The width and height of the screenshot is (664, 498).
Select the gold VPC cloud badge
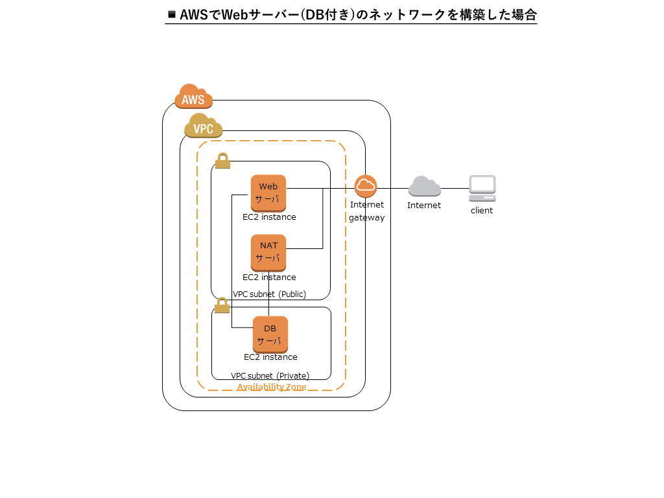tap(204, 126)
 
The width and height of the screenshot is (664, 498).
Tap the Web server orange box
tap(268, 193)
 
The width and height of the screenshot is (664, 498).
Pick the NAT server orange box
tap(268, 252)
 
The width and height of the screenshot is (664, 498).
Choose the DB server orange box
tap(270, 334)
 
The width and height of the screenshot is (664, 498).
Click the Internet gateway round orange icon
tap(366, 186)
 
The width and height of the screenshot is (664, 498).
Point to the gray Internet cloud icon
tap(425, 187)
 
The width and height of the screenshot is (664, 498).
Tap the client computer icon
tap(482, 188)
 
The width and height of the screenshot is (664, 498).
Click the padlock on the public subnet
tap(222, 160)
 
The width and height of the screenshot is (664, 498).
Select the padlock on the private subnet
tap(222, 305)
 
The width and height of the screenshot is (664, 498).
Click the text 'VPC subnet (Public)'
tap(269, 294)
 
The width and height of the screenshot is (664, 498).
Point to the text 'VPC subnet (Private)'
tap(270, 376)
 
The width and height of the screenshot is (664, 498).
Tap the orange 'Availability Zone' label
tap(271, 387)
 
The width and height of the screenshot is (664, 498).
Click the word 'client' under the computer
tap(482, 211)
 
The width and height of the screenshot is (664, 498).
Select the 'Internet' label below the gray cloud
tap(424, 206)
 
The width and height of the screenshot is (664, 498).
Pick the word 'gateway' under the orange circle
tap(367, 218)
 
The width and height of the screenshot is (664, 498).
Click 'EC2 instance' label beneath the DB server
tap(270, 357)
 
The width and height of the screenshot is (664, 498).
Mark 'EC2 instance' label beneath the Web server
tap(269, 217)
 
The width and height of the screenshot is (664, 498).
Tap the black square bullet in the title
tap(172, 14)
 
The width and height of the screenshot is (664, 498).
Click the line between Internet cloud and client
tap(455, 189)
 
